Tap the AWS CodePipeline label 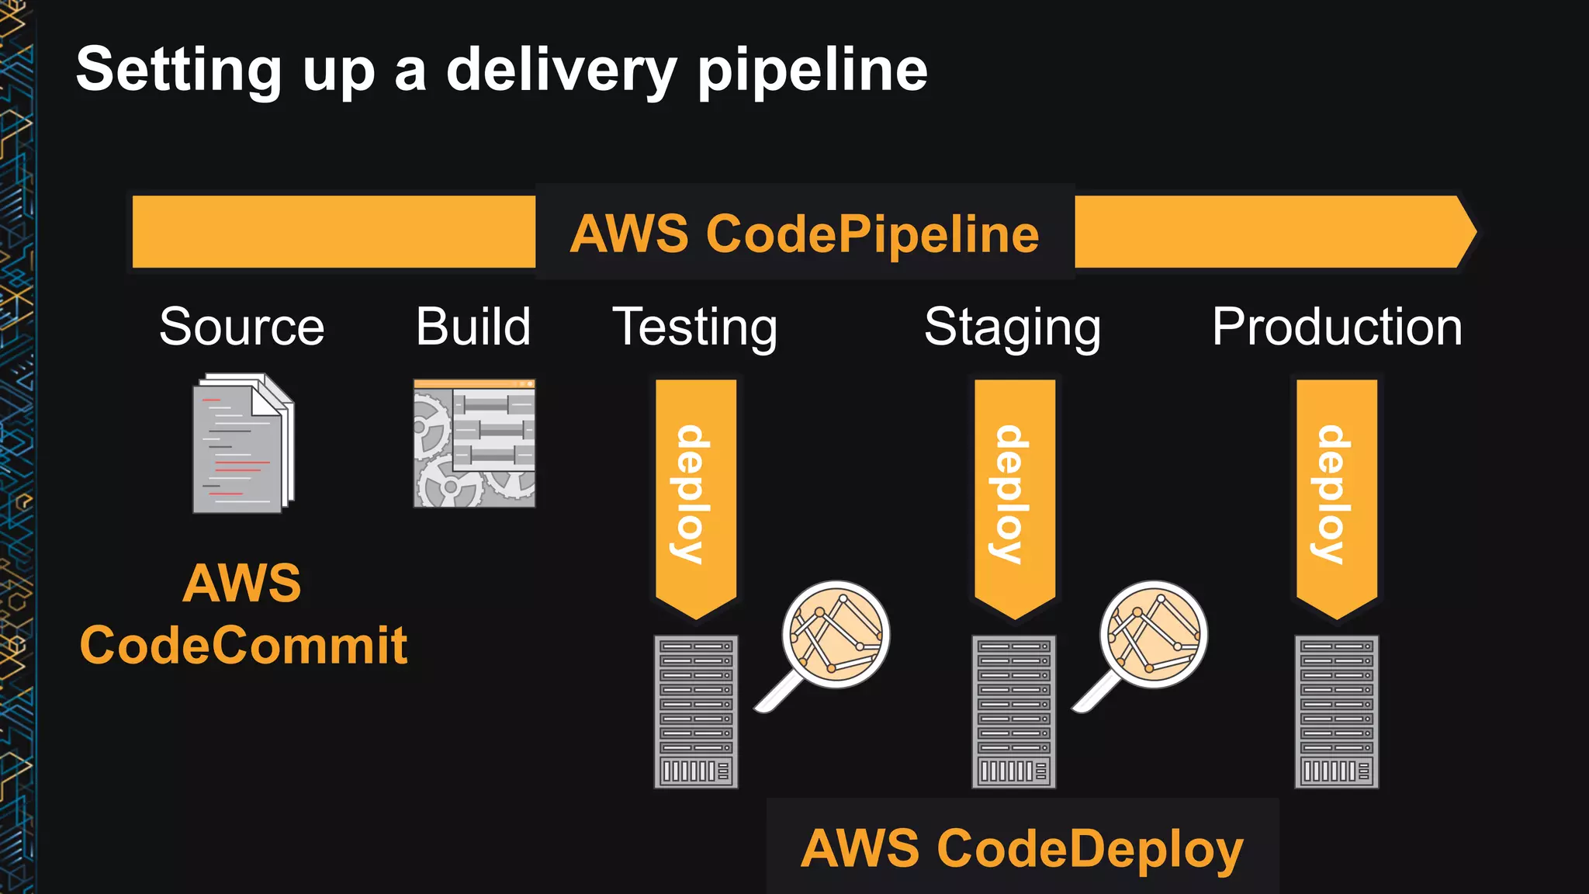click(x=805, y=234)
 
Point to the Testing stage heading click(x=695, y=327)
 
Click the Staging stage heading click(x=1013, y=327)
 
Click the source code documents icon click(x=243, y=444)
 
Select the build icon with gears click(x=474, y=443)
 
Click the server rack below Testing click(x=695, y=712)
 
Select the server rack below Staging click(x=1013, y=712)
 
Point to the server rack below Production click(x=1336, y=712)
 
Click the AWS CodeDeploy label click(x=1022, y=848)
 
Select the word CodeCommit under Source click(x=243, y=646)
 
